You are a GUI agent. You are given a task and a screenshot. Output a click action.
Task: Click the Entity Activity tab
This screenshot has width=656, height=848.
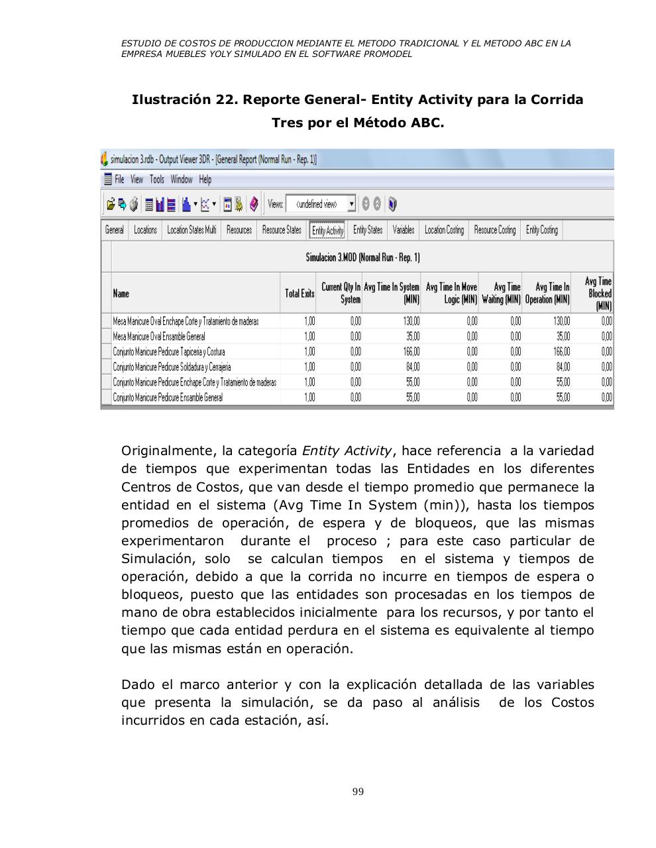tap(328, 231)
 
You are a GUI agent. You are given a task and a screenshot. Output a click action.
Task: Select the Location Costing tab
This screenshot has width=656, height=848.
tap(444, 230)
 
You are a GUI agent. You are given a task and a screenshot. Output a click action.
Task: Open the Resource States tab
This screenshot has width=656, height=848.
tap(282, 230)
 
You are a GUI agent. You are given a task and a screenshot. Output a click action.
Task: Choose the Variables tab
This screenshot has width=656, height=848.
tap(403, 230)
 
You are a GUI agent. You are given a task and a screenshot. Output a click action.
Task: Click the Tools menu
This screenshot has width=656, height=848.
tap(156, 180)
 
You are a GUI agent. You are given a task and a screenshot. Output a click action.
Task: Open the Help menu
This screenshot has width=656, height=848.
tap(205, 180)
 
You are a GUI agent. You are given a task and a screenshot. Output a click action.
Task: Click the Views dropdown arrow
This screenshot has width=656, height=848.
tap(351, 204)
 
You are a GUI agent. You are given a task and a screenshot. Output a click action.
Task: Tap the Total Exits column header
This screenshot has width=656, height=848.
tap(300, 293)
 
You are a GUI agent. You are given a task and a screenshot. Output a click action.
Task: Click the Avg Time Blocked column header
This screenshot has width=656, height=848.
tap(599, 293)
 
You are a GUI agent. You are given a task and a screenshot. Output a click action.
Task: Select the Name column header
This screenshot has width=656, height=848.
tap(121, 293)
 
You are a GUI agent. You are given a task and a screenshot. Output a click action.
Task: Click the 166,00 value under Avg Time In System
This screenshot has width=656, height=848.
tap(412, 352)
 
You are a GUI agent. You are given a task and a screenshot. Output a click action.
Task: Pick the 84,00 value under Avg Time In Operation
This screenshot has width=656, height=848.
tap(563, 367)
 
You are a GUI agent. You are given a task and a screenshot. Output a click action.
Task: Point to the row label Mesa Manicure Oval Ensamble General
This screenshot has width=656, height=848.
tap(159, 337)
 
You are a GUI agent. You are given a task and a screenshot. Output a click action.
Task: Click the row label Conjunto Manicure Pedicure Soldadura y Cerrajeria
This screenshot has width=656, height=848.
tap(172, 367)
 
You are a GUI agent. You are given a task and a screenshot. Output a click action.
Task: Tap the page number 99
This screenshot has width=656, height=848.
tap(358, 792)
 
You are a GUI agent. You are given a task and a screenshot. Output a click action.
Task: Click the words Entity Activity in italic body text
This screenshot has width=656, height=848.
tap(347, 451)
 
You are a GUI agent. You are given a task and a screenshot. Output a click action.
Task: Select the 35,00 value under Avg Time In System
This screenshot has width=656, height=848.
tap(412, 337)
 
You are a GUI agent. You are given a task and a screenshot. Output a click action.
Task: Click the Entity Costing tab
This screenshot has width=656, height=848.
tap(541, 230)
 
